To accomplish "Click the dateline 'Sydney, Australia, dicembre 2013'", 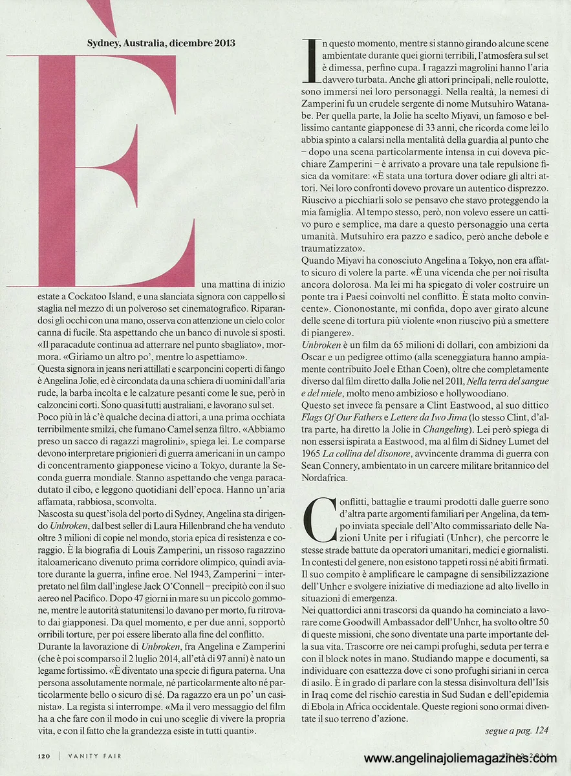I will [161, 43].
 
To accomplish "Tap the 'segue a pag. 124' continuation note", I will [516, 731].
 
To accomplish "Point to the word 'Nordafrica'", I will [330, 478].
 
